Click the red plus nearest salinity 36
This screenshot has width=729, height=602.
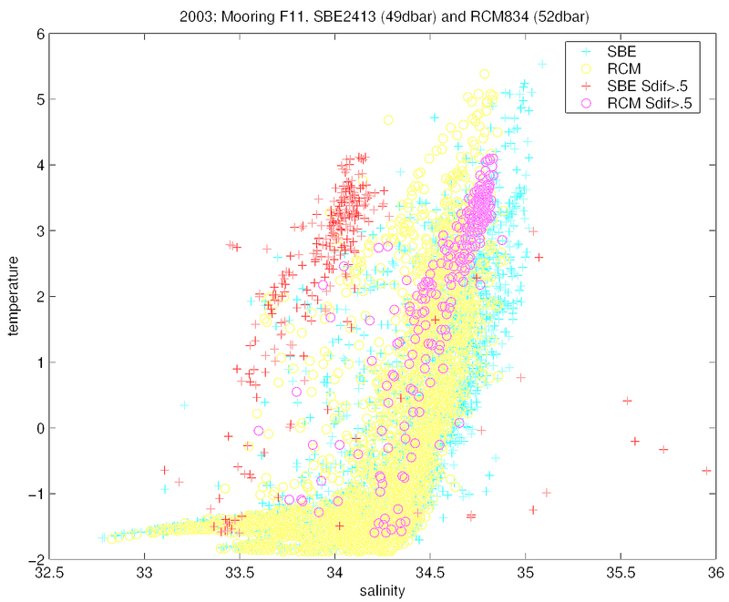click(x=706, y=471)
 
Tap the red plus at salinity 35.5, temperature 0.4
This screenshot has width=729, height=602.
click(x=627, y=401)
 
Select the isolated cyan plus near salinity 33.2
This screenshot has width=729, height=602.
click(x=184, y=405)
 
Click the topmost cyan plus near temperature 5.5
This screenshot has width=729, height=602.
click(x=542, y=64)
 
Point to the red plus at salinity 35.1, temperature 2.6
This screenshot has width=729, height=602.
click(x=539, y=257)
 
